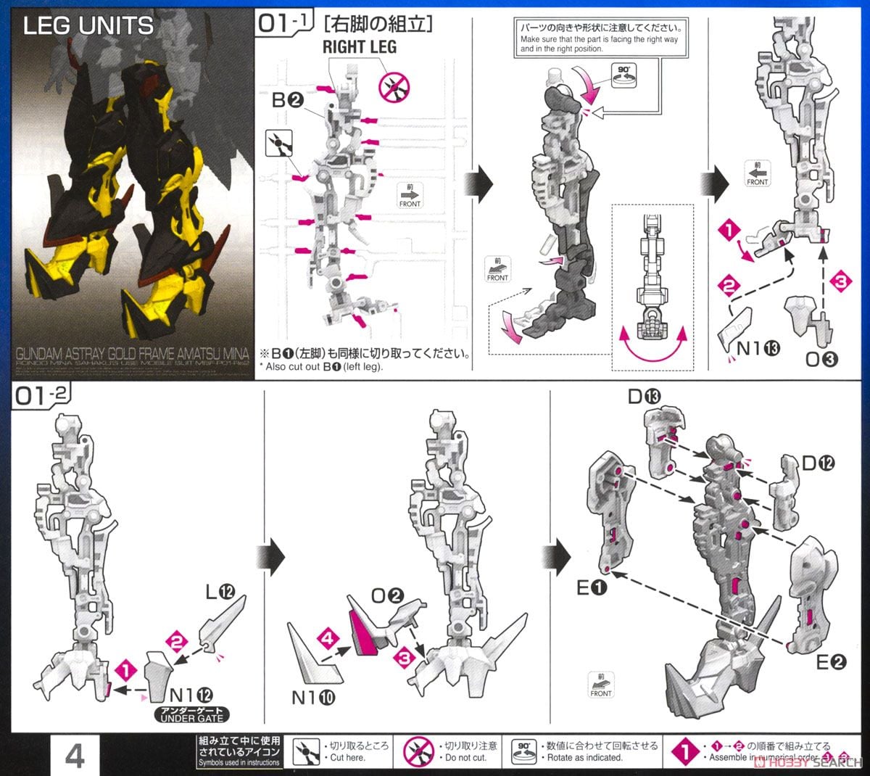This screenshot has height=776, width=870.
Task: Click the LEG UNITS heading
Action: click(88, 27)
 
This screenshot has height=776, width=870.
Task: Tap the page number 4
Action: click(75, 756)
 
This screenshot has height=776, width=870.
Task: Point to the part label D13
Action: click(645, 396)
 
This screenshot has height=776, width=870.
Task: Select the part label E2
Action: click(831, 662)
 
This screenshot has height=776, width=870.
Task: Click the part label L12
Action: click(220, 593)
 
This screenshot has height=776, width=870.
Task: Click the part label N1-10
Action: click(313, 698)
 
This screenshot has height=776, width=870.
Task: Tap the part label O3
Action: click(821, 358)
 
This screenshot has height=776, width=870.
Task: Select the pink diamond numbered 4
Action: click(328, 639)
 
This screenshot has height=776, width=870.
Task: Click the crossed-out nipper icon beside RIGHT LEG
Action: click(395, 86)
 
